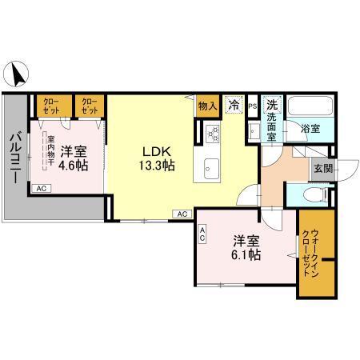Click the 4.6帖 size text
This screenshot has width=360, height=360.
click(73, 164)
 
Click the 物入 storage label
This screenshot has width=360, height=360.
click(208, 104)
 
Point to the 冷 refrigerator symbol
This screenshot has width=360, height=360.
click(234, 104)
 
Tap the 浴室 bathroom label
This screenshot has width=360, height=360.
click(310, 126)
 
